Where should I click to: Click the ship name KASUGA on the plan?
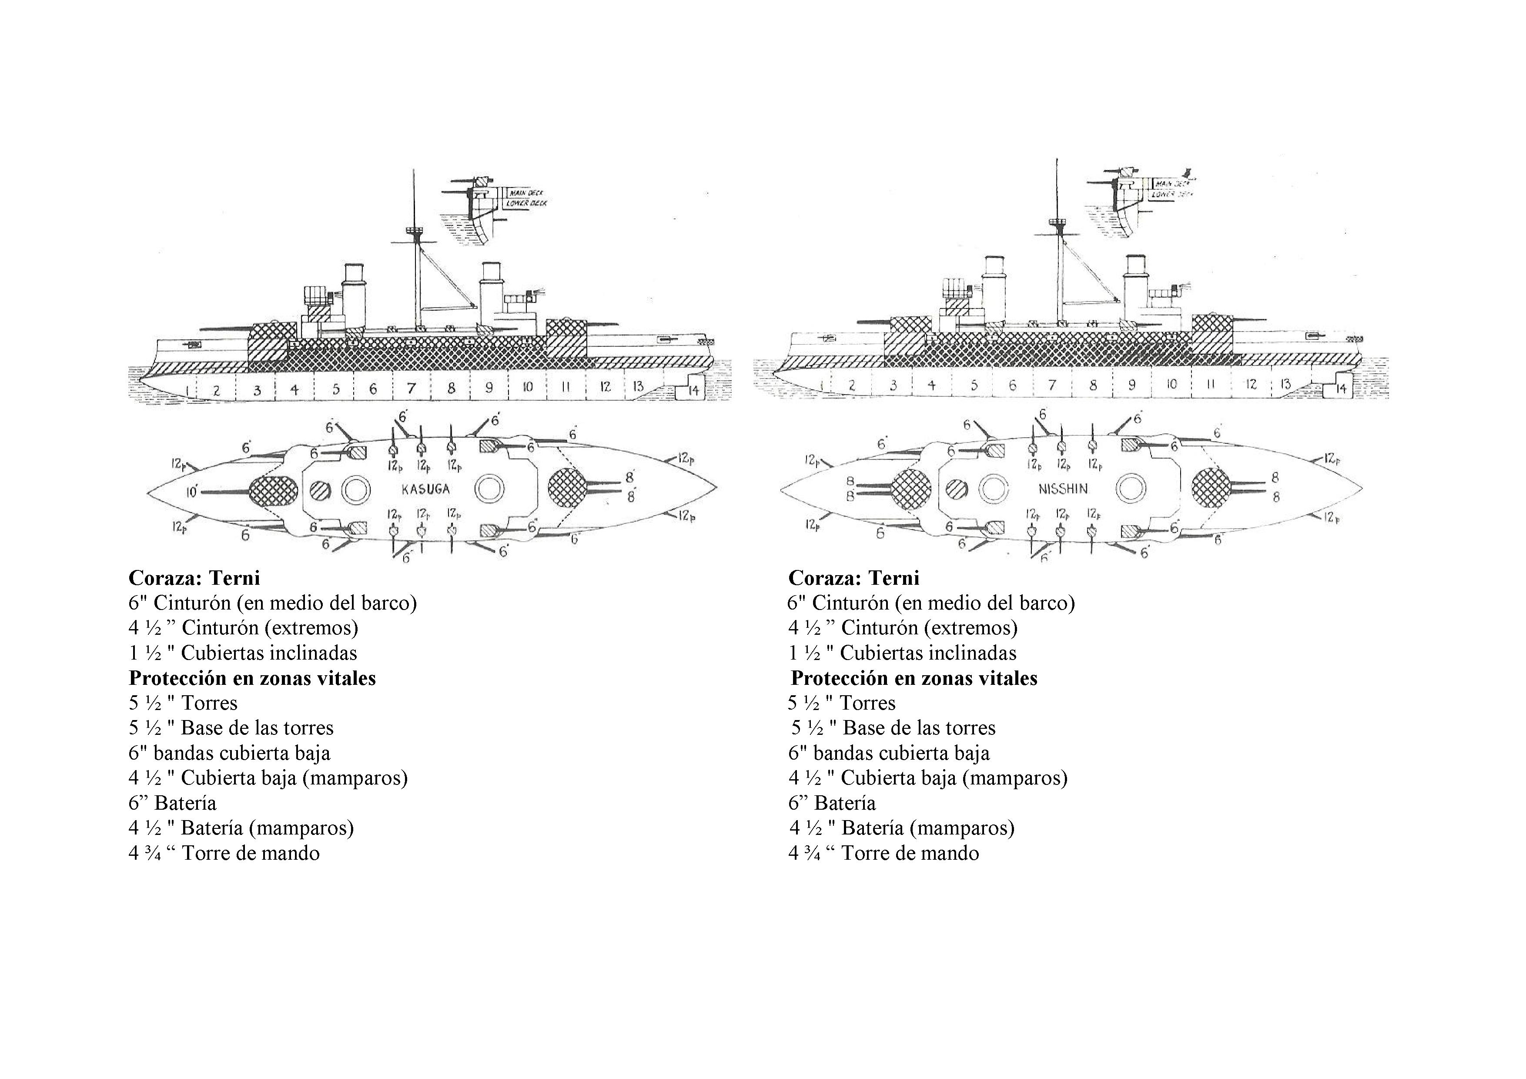coord(425,489)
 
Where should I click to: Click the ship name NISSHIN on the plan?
coord(1063,489)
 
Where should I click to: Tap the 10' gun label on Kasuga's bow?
coord(193,492)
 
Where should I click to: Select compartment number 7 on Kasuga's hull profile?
coord(412,388)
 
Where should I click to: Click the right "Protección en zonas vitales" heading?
coord(914,678)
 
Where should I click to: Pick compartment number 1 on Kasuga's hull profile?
coord(189,389)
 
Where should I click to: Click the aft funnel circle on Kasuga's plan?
coord(489,490)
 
